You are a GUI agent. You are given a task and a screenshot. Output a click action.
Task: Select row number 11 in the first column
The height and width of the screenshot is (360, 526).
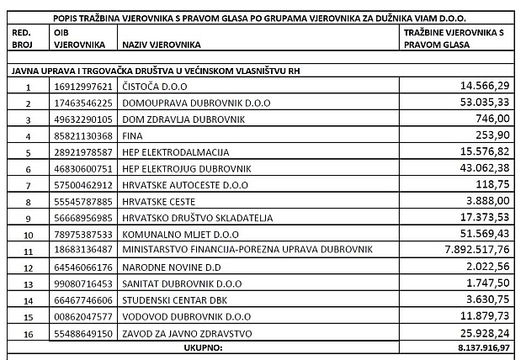coord(28,251)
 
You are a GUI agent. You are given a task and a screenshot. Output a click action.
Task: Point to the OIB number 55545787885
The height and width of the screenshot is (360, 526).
coord(82,201)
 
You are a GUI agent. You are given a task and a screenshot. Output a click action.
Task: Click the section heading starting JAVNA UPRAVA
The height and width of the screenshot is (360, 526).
coord(155,71)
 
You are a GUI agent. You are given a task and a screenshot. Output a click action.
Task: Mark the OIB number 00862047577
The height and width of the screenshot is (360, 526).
coord(82,316)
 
